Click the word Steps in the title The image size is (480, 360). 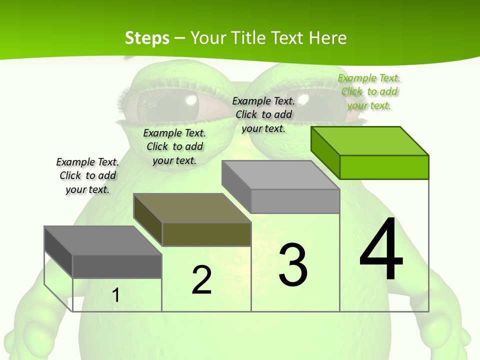point(147,38)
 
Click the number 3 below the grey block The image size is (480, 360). point(293,264)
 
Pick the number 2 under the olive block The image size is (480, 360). point(201,280)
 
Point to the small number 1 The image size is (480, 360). point(115,295)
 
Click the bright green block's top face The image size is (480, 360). point(370,140)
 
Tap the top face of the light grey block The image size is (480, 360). point(280,174)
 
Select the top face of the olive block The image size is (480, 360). point(192,207)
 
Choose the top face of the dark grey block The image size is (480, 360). point(102,240)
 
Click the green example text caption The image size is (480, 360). point(369,92)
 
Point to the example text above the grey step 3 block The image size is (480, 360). point(263,114)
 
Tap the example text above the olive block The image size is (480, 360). point(174,146)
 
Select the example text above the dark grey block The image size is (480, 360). point(87,175)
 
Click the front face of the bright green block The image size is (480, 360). point(384,167)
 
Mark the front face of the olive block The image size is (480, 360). point(206,234)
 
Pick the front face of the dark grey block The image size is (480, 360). point(117,266)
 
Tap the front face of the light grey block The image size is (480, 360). point(295,201)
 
